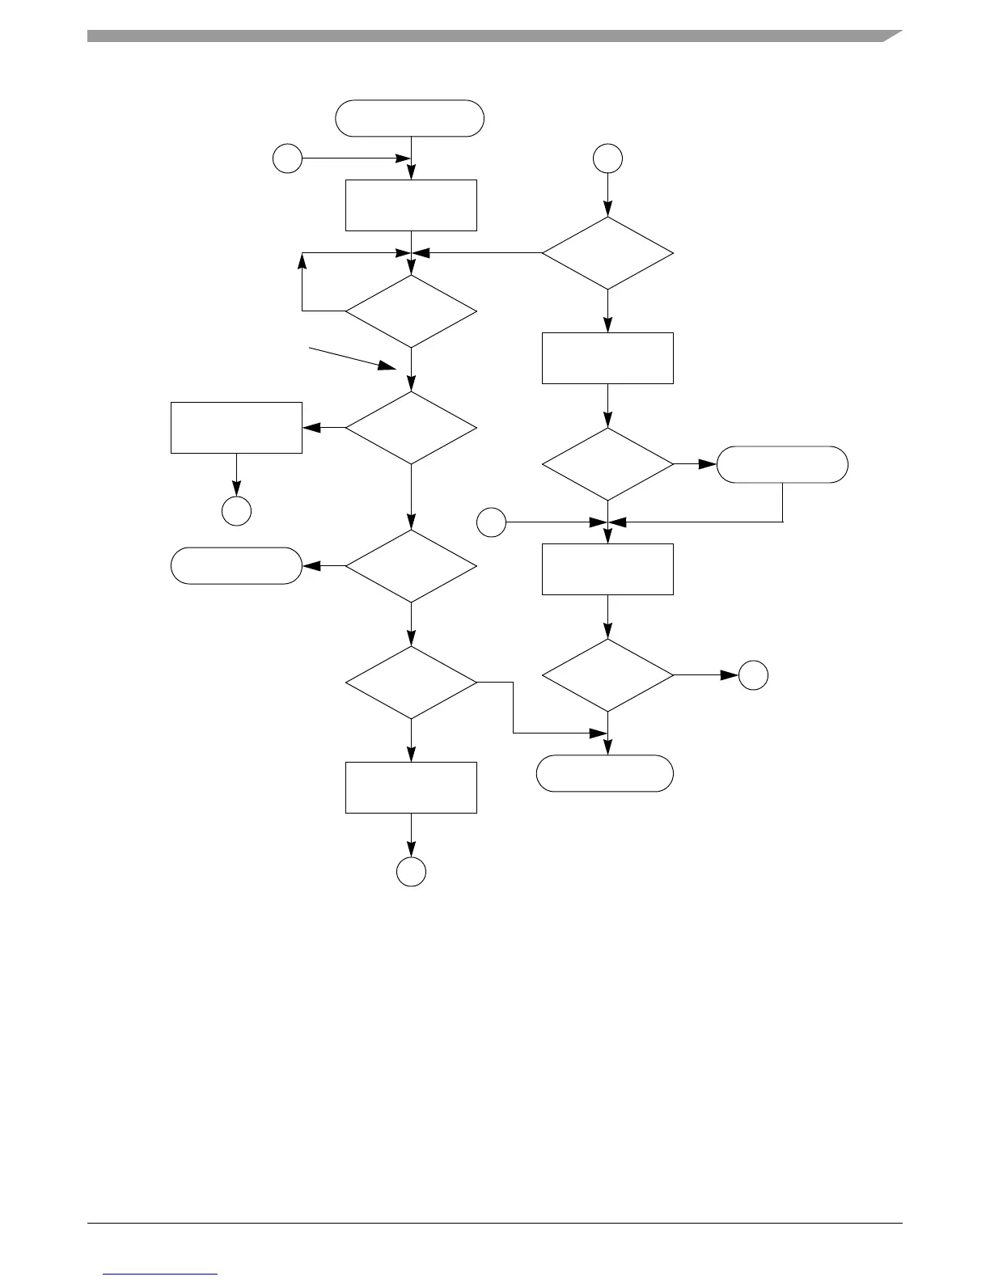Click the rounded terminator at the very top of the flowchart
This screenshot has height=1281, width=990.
[x=410, y=118]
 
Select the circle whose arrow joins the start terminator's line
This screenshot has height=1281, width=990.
[x=287, y=159]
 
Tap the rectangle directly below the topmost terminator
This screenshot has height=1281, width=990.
[x=411, y=205]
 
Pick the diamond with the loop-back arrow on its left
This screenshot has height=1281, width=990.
[x=411, y=311]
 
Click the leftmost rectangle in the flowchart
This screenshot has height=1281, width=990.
[x=236, y=427]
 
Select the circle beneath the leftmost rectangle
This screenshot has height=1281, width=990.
[x=236, y=511]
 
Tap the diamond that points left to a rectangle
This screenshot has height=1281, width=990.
[x=411, y=428]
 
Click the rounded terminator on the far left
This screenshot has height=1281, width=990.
[x=236, y=565]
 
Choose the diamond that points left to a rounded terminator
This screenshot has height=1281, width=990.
[x=411, y=566]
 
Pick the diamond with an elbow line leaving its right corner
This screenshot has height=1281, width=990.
[x=411, y=682]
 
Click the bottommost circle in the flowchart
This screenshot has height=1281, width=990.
[x=411, y=872]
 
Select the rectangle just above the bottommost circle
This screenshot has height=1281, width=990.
[x=411, y=787]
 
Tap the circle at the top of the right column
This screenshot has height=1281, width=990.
[x=607, y=159]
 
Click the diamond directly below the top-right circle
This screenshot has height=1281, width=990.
[x=607, y=253]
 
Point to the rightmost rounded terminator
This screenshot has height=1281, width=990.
[x=782, y=464]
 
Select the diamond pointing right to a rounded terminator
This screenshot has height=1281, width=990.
[x=607, y=464]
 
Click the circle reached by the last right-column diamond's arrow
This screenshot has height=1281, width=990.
[x=753, y=674]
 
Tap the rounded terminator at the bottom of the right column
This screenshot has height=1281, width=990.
[x=605, y=773]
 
